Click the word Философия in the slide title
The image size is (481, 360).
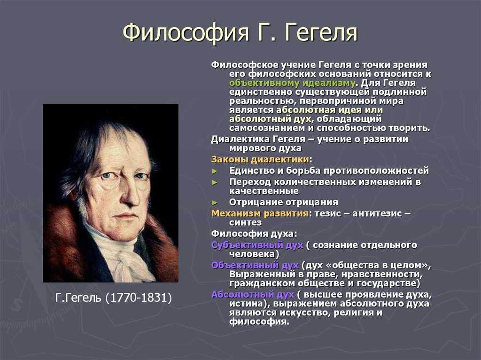[x=186, y=32]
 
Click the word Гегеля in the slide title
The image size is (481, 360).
[x=321, y=32]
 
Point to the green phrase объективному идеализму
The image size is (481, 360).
[x=292, y=83]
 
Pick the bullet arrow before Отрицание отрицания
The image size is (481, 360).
[x=215, y=203]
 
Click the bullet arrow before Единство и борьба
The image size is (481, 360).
[x=215, y=171]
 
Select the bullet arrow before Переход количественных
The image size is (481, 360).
[x=215, y=183]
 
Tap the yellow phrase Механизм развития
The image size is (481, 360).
[x=260, y=213]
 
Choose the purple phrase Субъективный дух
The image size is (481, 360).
[x=257, y=245]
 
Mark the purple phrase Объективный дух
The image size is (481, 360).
[x=255, y=265]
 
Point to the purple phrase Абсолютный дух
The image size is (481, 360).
[x=253, y=294]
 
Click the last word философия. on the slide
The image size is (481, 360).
[x=259, y=322]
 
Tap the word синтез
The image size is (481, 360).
[x=245, y=222]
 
